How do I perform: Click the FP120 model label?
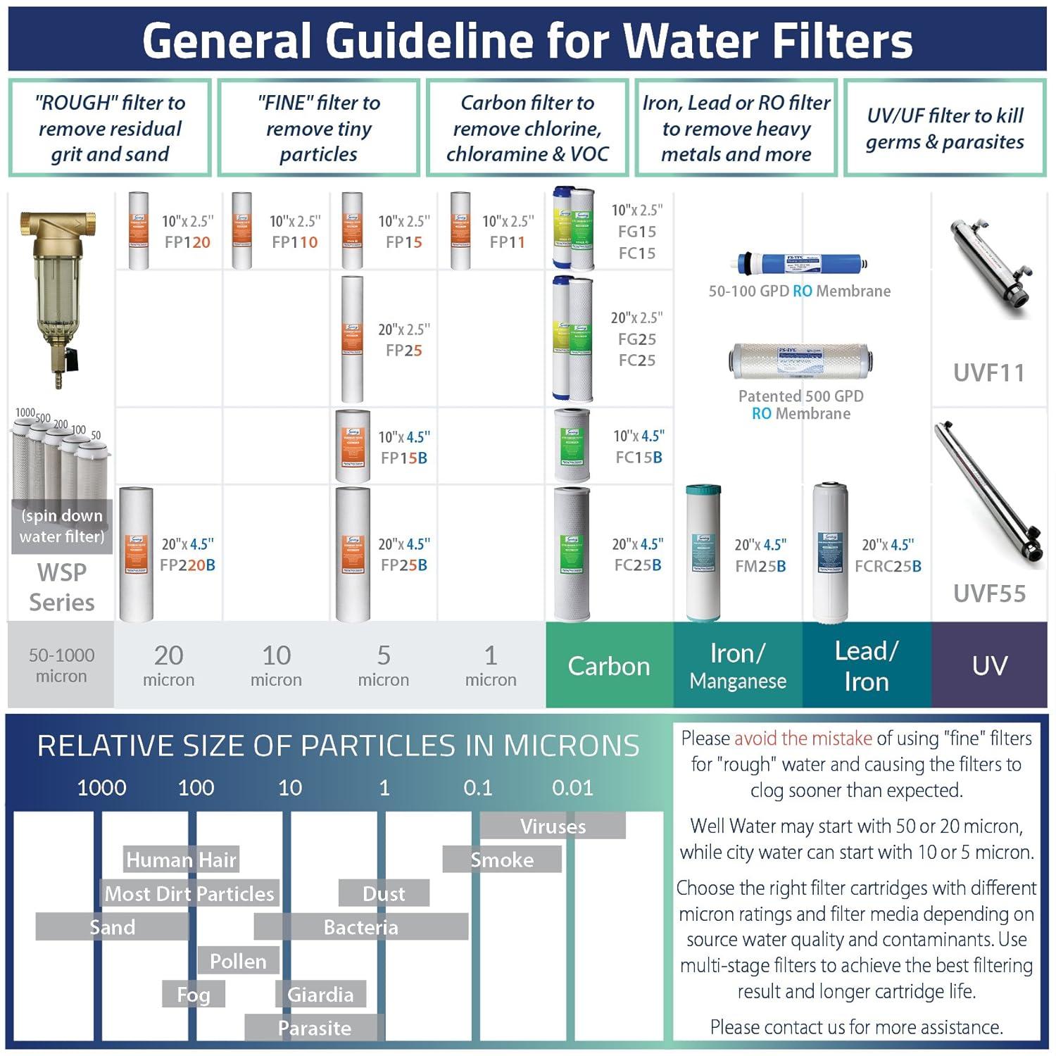click(x=187, y=242)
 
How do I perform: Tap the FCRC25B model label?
click(x=888, y=566)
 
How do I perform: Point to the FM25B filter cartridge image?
click(x=703, y=553)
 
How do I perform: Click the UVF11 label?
click(x=988, y=372)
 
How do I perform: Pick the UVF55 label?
click(x=989, y=593)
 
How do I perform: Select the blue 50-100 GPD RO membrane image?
click(x=800, y=265)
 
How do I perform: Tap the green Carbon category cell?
click(x=609, y=666)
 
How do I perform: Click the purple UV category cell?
click(x=989, y=666)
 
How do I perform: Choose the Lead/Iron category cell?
click(x=866, y=666)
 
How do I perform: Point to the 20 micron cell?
click(x=168, y=665)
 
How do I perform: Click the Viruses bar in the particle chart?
click(x=553, y=826)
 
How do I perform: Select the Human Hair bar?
click(x=181, y=860)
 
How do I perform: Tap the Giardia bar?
click(x=320, y=994)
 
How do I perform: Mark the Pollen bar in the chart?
click(x=238, y=961)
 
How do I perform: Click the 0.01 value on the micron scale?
click(x=572, y=788)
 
